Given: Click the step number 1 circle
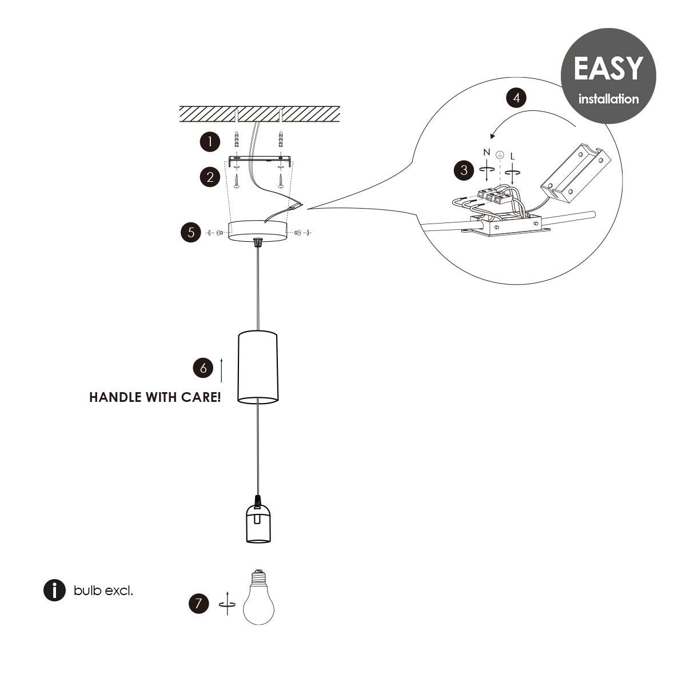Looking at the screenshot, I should pos(210,142).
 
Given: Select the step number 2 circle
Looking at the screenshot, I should pos(210,177).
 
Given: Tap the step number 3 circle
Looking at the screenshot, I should pos(464,170).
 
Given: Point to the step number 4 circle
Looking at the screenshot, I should pos(517,98).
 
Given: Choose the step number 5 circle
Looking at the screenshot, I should pos(190,232).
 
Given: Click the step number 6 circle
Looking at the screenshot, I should pos(203,368).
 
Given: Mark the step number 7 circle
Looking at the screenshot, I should pos(198,603).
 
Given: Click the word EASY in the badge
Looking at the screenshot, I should pos(608,69).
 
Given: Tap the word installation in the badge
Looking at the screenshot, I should pos(608,99).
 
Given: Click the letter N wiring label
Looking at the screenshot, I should pos(486,152).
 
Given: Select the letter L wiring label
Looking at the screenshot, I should pos(512,155).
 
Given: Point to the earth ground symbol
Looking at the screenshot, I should pos(499,155).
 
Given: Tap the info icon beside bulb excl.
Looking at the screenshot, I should pos(54,591).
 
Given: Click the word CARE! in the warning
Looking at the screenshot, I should pos(201,397).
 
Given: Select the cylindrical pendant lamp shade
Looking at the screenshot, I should pos(258,366).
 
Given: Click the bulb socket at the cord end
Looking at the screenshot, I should pos(258,523).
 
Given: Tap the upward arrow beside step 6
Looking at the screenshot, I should pos(221,370).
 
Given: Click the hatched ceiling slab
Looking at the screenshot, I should pos(260,113).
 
